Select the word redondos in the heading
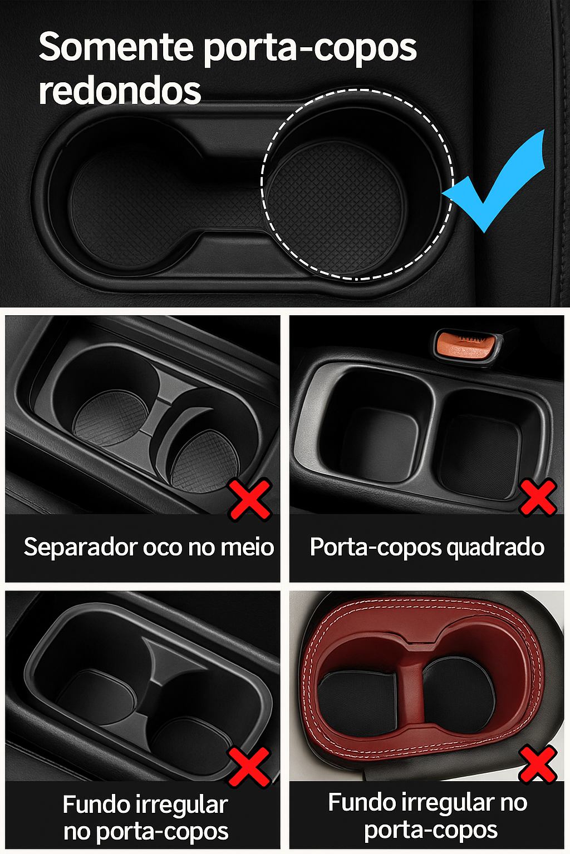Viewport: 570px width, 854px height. pyautogui.click(x=120, y=91)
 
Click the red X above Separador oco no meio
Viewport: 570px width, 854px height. pyautogui.click(x=250, y=499)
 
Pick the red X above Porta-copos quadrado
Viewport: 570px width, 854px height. pyautogui.click(x=538, y=496)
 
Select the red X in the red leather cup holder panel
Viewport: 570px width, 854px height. pyautogui.click(x=538, y=764)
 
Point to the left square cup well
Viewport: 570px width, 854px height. pyautogui.click(x=379, y=439)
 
